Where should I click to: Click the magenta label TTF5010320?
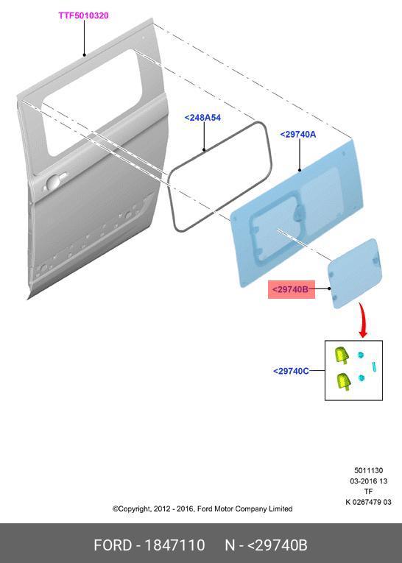point(83,15)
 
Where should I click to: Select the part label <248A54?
point(202,118)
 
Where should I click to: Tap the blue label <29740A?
point(297,134)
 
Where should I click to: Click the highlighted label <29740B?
point(290,289)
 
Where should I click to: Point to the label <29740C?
point(291,371)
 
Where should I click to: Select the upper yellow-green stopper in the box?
point(342,355)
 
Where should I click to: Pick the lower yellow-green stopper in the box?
point(343,381)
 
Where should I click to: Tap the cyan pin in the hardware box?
point(374,367)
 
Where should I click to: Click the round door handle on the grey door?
point(53,182)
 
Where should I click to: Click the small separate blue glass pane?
point(355,273)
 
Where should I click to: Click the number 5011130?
point(368,470)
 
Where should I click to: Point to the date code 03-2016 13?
point(369,481)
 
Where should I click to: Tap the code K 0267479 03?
point(368,502)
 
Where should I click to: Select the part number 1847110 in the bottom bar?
point(174,545)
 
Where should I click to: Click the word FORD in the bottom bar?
point(113,545)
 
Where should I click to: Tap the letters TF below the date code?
point(368,491)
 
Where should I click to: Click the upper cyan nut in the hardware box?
point(361,355)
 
